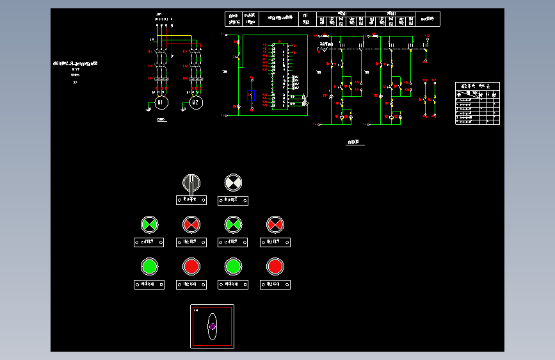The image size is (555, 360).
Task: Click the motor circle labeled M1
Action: point(161,102)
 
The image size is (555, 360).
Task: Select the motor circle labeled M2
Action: point(196,102)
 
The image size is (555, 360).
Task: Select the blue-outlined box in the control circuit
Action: point(249,97)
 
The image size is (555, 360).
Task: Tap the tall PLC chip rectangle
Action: point(279,76)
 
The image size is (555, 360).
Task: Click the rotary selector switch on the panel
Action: point(191,183)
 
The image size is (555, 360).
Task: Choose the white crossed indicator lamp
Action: point(233,183)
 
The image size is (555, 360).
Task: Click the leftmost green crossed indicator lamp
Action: point(149,224)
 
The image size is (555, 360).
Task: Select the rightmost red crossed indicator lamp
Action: point(275,224)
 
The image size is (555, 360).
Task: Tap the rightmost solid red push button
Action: point(275,266)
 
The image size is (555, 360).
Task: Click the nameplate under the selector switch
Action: point(191,200)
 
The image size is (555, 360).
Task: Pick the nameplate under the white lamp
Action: point(233,200)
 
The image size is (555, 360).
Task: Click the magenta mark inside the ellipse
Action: point(212,327)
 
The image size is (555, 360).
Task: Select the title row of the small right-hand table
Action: point(477,85)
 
